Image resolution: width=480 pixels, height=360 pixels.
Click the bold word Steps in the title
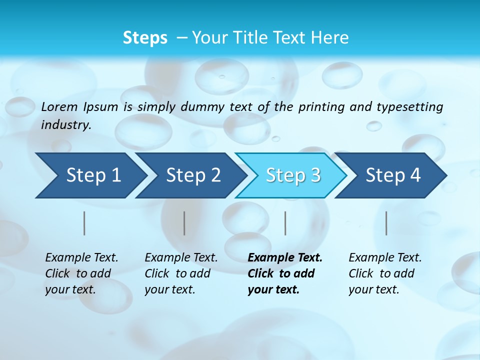pos(145,38)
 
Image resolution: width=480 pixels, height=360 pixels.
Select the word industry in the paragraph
pos(66,125)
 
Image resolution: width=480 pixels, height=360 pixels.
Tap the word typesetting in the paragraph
pos(409,106)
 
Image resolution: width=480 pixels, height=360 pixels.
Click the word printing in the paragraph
pos(322,106)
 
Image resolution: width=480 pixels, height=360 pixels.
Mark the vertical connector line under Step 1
pos(84,223)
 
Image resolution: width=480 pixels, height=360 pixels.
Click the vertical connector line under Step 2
pos(184,223)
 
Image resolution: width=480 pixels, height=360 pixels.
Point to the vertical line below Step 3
pos(285,223)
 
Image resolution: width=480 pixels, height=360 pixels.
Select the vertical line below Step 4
pos(386,223)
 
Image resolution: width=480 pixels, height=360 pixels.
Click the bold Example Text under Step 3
pos(285,258)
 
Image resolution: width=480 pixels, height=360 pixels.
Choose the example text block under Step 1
pos(81,273)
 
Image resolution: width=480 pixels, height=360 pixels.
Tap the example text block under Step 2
pos(181,273)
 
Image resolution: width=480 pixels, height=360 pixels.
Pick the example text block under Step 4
pos(385,273)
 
